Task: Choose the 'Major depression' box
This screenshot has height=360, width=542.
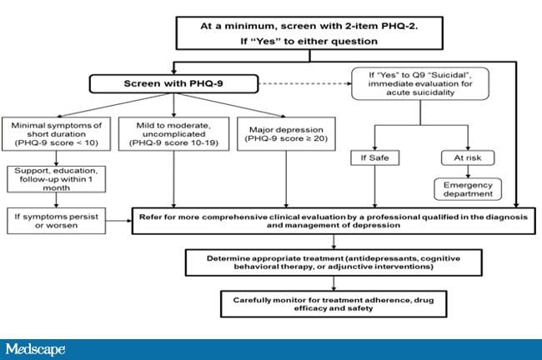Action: tap(286, 133)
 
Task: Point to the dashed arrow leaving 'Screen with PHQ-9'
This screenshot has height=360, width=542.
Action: tap(300, 85)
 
